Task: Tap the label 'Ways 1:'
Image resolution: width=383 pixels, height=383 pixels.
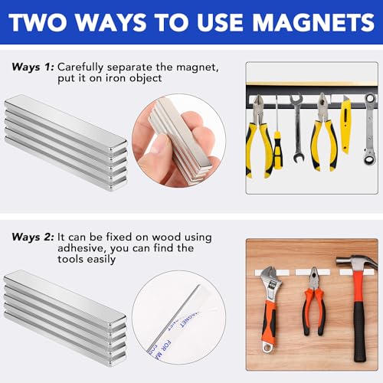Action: pos(31,67)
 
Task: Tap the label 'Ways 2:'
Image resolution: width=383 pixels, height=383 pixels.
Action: pos(31,237)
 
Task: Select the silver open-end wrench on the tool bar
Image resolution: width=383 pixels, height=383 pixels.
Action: pos(296,119)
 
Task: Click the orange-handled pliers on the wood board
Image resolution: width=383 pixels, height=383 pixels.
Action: pos(314,306)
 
